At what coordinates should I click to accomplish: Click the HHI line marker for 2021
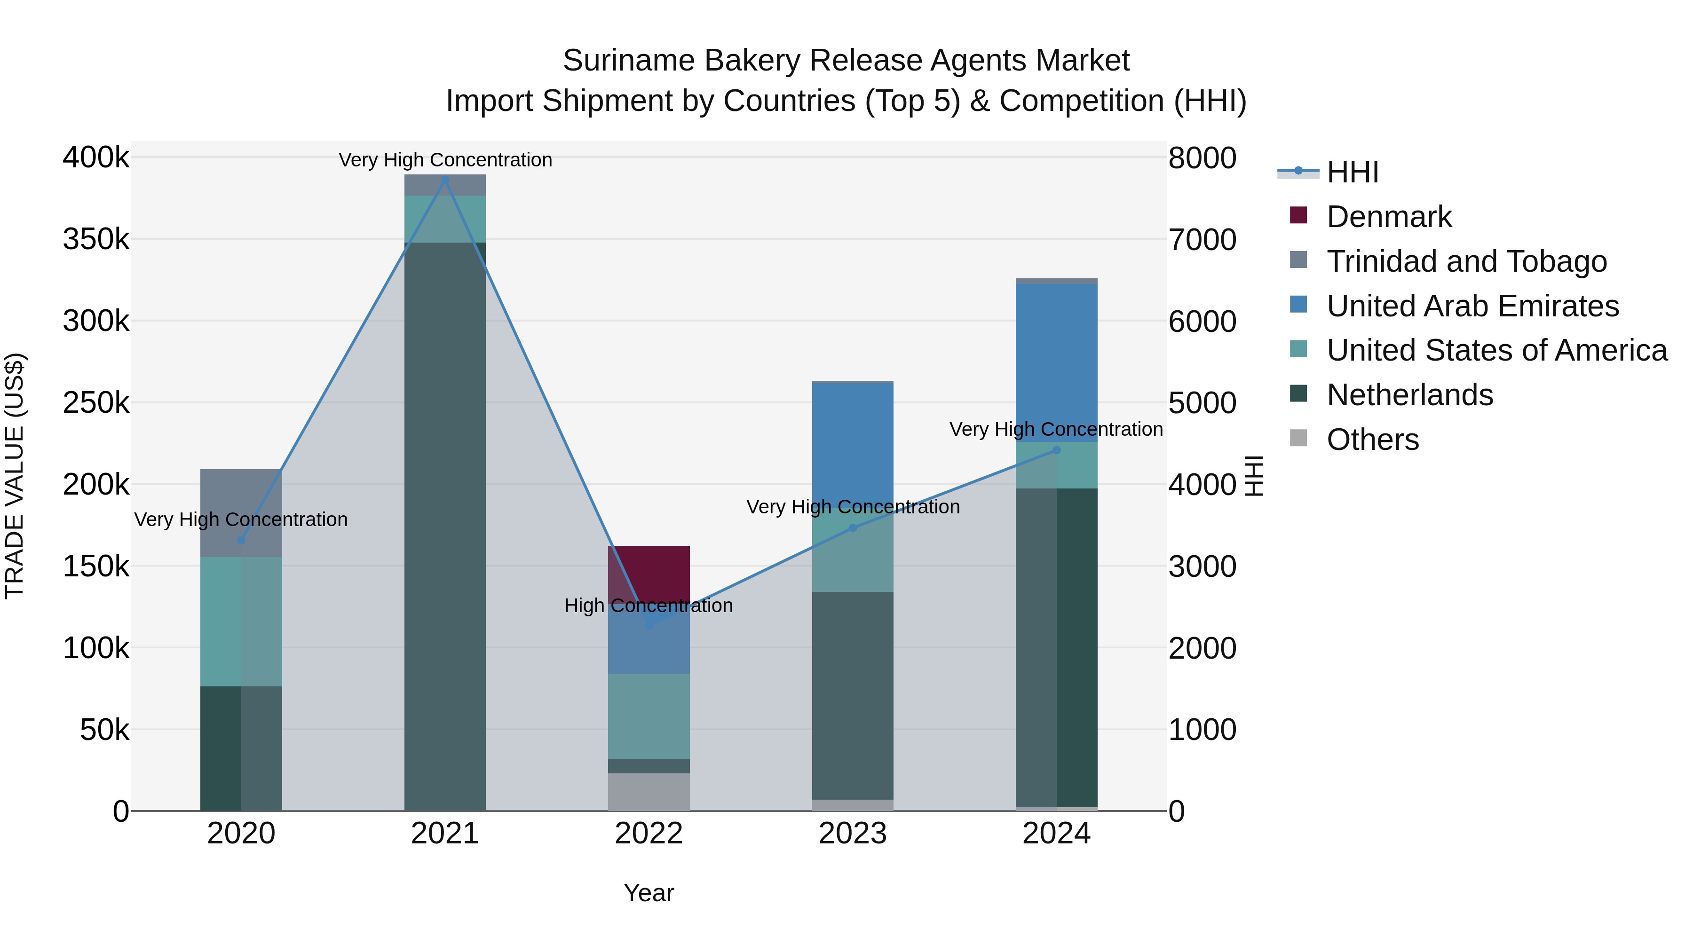pos(445,180)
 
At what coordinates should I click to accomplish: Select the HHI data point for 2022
pos(649,625)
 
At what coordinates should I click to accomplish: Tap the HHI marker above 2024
pos(1056,450)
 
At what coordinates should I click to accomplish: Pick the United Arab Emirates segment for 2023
pos(853,447)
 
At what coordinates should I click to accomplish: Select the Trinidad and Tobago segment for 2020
pos(241,512)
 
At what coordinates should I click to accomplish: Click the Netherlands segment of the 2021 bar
pos(445,526)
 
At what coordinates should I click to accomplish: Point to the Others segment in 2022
pos(649,792)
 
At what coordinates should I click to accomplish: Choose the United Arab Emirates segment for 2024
pos(1056,362)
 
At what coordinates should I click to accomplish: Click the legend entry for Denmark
pos(1388,217)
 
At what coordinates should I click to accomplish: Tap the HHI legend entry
pos(1352,172)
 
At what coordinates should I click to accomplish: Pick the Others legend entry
pos(1372,440)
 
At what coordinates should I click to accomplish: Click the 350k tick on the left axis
pos(96,239)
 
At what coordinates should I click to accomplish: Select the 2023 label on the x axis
pos(853,834)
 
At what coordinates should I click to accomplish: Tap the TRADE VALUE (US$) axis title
pos(15,476)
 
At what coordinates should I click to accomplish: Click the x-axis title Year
pos(649,893)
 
